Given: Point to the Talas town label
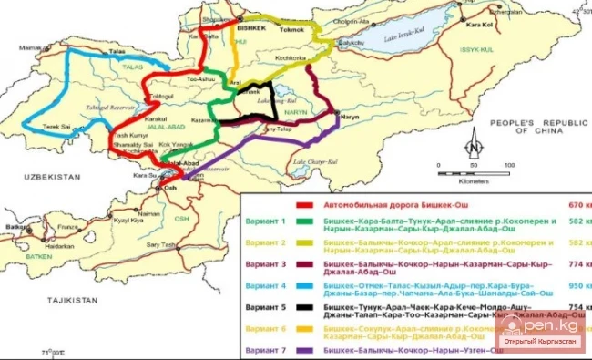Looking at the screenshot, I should pos(117,52).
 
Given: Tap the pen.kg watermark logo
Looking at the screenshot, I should pos(544,333).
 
